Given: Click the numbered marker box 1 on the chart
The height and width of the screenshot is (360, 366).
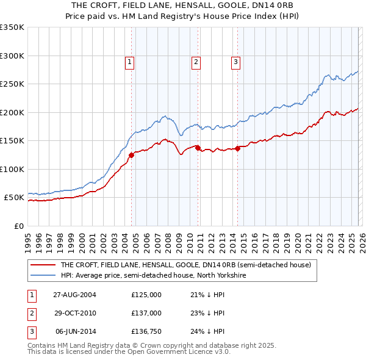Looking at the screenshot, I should [x=131, y=61].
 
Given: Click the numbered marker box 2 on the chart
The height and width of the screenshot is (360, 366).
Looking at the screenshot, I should [x=196, y=61].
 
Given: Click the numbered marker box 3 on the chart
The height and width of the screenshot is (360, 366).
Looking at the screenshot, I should [x=235, y=61].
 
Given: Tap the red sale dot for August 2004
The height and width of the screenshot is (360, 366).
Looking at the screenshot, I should [x=131, y=155].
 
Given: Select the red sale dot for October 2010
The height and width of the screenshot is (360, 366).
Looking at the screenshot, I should [x=198, y=148].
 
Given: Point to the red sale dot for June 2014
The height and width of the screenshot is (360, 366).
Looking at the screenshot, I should [x=237, y=148].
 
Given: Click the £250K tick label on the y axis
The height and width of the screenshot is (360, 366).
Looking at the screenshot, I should [x=12, y=84].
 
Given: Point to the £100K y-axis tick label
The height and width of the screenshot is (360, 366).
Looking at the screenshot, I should [x=12, y=169].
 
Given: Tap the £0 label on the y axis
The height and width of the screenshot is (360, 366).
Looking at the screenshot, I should [x=18, y=226].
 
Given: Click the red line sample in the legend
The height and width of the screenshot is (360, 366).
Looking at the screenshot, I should [x=42, y=265].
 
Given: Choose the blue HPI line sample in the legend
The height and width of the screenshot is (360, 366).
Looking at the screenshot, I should [x=42, y=275].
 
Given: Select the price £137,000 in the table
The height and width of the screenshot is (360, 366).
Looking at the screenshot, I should [x=146, y=313].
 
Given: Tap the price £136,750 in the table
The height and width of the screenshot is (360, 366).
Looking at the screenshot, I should [x=146, y=332].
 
